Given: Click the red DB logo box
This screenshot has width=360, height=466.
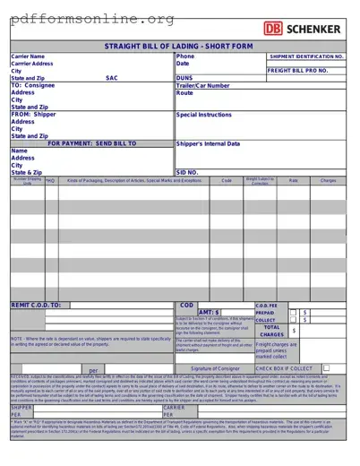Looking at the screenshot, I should tap(272, 29).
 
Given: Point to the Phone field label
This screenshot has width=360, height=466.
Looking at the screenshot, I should tap(185, 56).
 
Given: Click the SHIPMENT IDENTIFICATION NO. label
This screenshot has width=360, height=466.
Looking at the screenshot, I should tap(306, 56).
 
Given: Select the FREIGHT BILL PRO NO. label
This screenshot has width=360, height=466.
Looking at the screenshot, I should tap(298, 70).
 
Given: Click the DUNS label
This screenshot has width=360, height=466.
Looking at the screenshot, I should tap(184, 78).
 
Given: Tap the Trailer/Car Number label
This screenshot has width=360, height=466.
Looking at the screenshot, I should tap(203, 85).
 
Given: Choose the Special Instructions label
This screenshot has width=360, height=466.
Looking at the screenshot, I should tap(204, 115).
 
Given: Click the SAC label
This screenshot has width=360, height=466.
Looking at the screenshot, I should tap(112, 78).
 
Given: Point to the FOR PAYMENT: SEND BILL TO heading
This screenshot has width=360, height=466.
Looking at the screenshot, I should tap(92, 143).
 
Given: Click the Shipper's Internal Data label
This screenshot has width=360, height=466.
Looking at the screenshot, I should tap(208, 143).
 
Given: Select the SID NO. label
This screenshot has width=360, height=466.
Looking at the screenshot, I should tap(187, 172).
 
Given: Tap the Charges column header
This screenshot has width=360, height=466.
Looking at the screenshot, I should tap(329, 181).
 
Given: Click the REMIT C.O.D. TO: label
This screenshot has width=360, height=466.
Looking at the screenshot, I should tap(36, 306).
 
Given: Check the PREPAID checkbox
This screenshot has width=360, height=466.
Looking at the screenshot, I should tap(293, 313).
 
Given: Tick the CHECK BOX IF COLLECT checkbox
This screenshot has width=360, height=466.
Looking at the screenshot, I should tap(326, 367).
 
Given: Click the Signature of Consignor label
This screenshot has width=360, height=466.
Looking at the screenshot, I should tap(215, 368).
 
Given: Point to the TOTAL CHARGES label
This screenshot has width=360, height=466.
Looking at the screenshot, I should tap(272, 331).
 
